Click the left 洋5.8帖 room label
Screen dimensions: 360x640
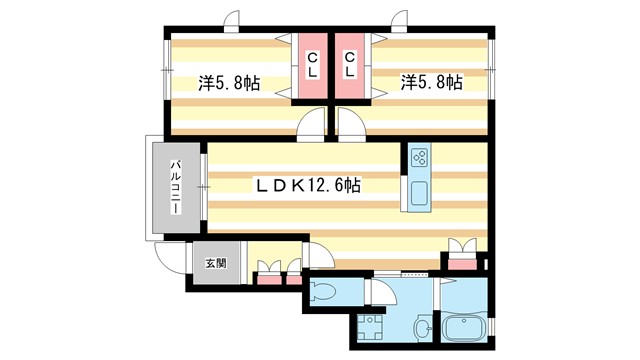click(229, 84)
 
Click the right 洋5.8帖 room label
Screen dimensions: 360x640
click(431, 83)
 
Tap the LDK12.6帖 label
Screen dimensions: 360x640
click(308, 186)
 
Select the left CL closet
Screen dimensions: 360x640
click(312, 67)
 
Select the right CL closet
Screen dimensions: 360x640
click(351, 67)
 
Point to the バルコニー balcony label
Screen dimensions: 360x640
click(174, 187)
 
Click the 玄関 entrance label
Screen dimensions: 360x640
click(216, 264)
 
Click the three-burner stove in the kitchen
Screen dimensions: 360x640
click(419, 157)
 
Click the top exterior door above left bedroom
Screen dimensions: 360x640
click(232, 20)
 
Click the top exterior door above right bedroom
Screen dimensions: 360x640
click(402, 20)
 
